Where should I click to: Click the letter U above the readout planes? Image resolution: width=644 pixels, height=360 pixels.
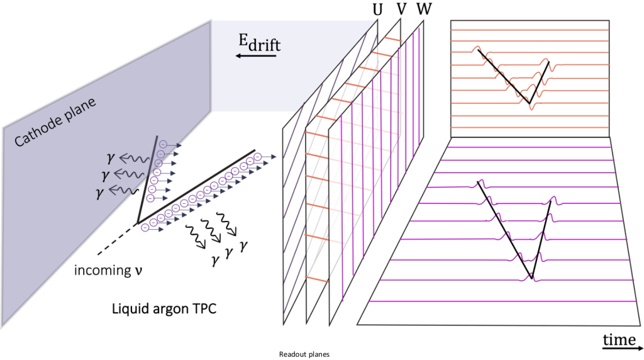point(377,11)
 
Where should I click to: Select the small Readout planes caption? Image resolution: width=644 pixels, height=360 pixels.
point(304,354)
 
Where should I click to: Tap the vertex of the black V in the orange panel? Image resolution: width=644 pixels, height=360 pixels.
point(529,104)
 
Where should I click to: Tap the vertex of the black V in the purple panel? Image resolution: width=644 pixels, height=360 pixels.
point(532,278)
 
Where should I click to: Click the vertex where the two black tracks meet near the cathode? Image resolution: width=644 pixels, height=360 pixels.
point(137,223)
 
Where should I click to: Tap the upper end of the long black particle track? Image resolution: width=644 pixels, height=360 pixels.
point(255,150)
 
